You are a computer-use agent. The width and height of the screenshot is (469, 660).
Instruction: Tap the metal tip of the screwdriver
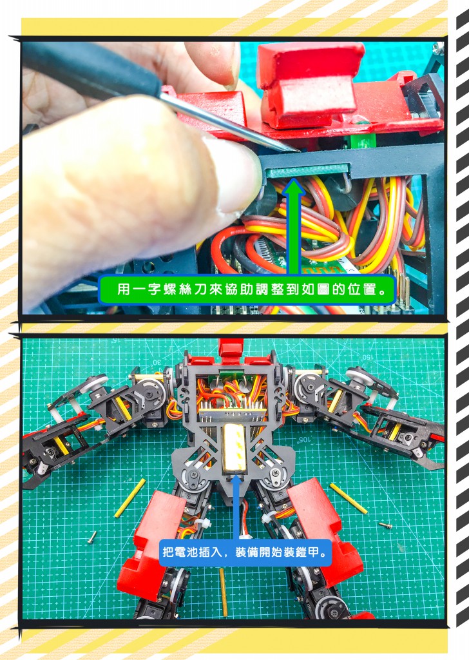[296, 150]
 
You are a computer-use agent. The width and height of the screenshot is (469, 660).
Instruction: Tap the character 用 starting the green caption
[123, 289]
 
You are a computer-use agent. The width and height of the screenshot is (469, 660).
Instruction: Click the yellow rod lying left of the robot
[130, 498]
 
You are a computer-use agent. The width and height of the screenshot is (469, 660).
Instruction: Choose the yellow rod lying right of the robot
[349, 498]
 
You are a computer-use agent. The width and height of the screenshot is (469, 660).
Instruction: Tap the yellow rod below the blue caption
[224, 592]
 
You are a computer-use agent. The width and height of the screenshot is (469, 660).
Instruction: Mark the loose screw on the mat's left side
[92, 537]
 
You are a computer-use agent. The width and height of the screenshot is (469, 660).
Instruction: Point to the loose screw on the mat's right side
[385, 525]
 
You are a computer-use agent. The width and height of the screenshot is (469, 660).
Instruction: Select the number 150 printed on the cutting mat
[367, 357]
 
